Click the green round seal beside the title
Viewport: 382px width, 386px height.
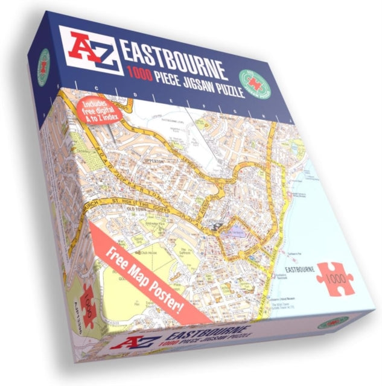click(x=253, y=83)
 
